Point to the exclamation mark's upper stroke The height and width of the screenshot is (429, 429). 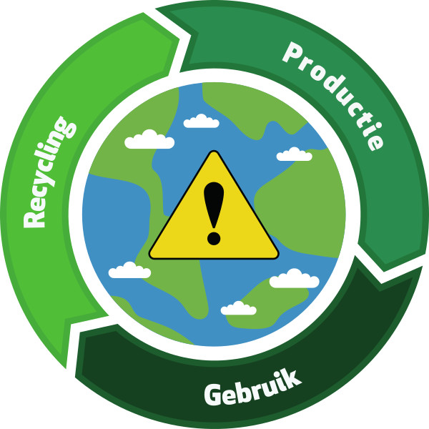213,203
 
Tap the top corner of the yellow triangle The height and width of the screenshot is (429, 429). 213,152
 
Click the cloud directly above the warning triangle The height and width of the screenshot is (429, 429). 201,122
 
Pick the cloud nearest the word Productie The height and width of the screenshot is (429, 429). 294,154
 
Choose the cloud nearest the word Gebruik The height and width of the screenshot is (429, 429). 238,308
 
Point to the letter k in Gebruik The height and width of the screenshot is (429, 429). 292,377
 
